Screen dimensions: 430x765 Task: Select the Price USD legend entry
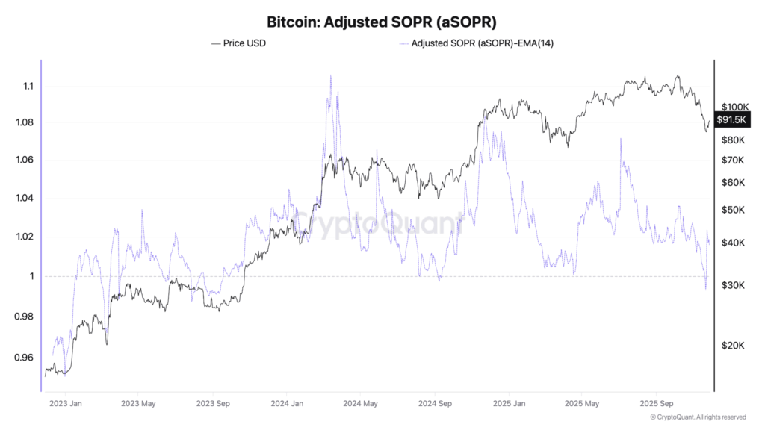[x=239, y=43]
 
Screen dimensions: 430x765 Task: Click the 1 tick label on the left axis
[x=31, y=276]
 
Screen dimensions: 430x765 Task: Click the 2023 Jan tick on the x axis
[x=65, y=403]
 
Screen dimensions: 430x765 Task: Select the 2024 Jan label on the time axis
[x=286, y=403]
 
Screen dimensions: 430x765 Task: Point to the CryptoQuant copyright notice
[x=698, y=417]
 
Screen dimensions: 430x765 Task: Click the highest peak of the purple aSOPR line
[x=329, y=75]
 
